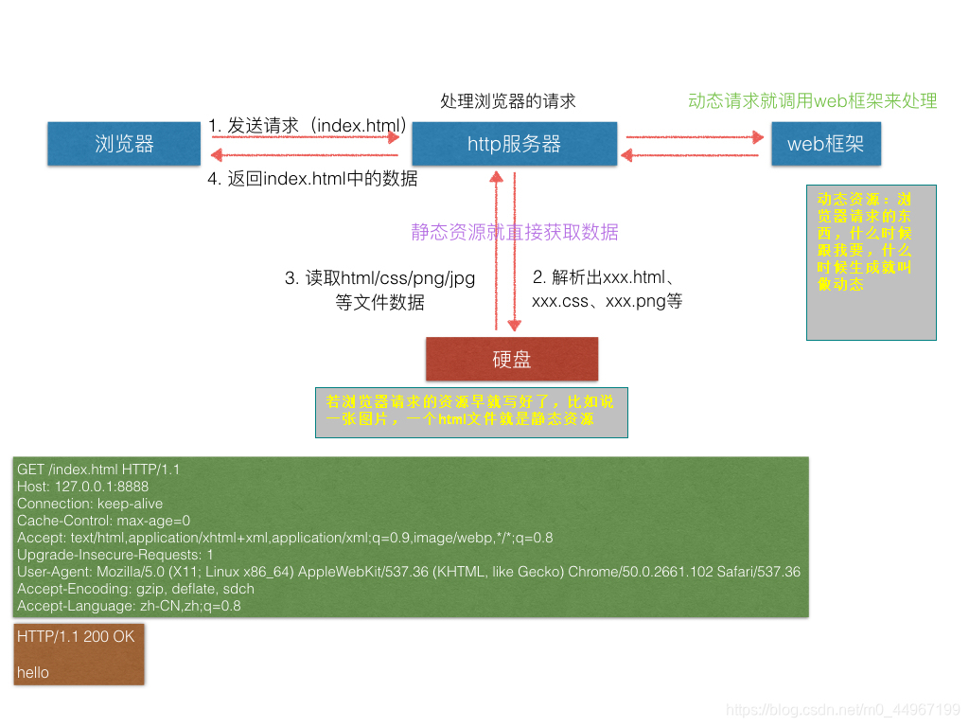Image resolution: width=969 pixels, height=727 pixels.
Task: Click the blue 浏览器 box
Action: click(x=124, y=144)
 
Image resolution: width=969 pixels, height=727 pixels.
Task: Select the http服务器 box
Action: click(x=514, y=144)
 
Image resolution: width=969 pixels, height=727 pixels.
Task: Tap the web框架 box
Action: click(x=824, y=144)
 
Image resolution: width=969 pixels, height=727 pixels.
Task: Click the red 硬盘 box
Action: click(x=512, y=360)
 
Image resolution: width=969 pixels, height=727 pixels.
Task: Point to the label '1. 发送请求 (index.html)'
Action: click(x=308, y=125)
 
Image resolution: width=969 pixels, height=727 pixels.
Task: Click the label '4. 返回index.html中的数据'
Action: click(x=312, y=178)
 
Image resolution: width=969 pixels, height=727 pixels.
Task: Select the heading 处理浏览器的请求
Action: click(x=508, y=101)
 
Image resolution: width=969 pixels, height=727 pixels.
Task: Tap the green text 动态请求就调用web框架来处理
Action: click(x=812, y=101)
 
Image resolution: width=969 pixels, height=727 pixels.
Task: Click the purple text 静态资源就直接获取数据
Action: click(x=515, y=232)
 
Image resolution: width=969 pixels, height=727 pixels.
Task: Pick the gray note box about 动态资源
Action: click(x=871, y=262)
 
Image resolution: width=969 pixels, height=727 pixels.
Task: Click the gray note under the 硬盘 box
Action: click(x=471, y=412)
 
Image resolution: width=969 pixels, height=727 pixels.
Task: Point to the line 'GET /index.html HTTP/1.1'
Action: click(x=98, y=470)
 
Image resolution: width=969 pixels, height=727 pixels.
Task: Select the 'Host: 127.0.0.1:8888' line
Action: click(x=82, y=487)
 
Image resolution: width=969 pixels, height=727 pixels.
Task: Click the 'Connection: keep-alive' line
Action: click(x=90, y=504)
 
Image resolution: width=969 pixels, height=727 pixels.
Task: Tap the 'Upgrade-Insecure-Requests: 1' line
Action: click(x=115, y=555)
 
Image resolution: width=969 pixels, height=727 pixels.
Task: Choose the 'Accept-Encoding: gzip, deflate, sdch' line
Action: click(x=135, y=589)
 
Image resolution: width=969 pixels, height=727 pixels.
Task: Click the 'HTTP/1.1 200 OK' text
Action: click(x=76, y=637)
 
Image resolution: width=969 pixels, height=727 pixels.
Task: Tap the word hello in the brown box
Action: click(x=33, y=672)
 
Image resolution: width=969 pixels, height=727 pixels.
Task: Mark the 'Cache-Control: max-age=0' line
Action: click(x=103, y=521)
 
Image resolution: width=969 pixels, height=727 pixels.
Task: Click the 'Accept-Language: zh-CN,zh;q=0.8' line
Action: click(x=129, y=606)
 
